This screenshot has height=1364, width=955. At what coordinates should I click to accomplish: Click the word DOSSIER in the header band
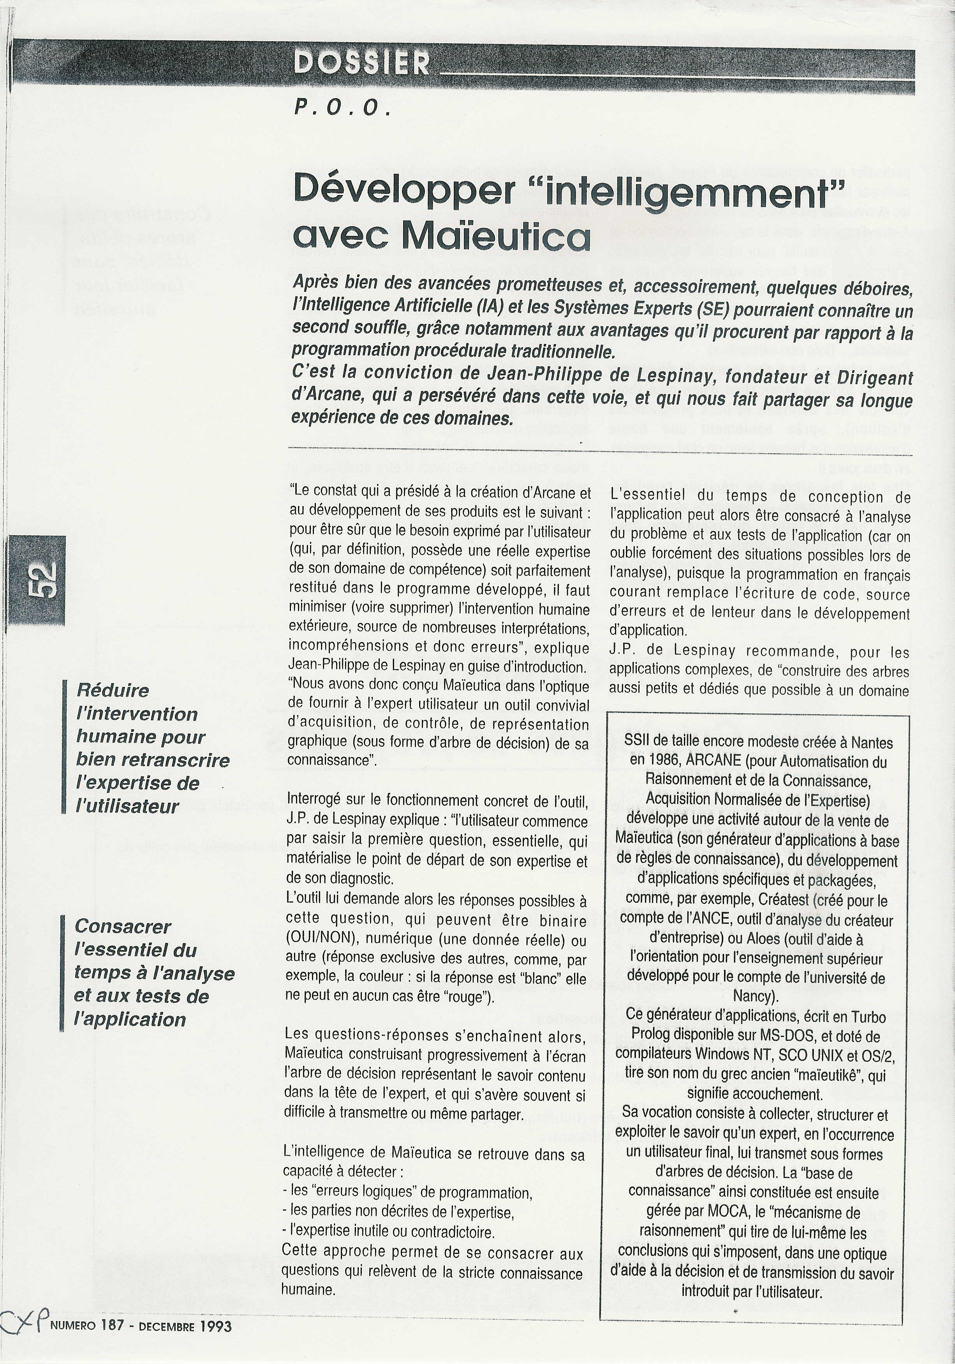coord(361,63)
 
